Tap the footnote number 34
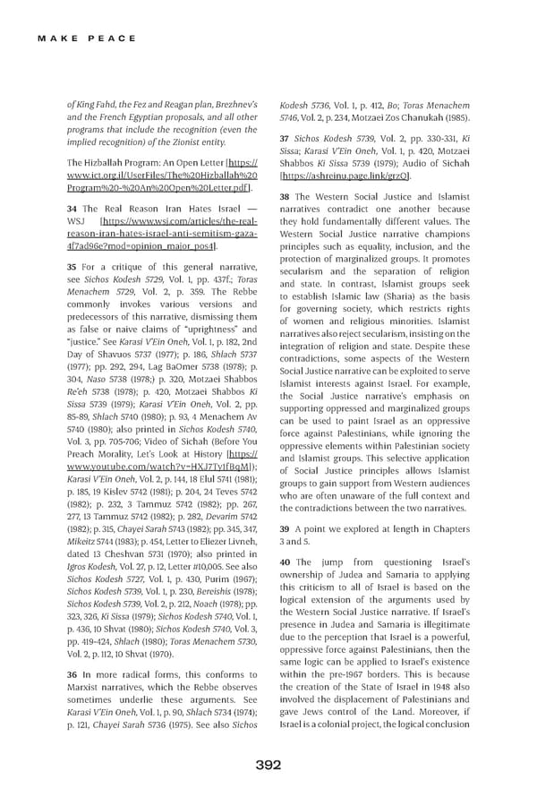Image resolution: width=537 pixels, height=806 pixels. pyautogui.click(x=72, y=209)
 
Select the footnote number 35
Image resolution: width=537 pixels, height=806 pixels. pyautogui.click(x=72, y=267)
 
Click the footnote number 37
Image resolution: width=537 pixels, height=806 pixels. pyautogui.click(x=285, y=139)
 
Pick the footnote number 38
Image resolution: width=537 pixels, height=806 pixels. pyautogui.click(x=285, y=197)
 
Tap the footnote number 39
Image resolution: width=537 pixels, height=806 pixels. pyautogui.click(x=285, y=529)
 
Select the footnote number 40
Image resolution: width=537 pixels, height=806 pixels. pyautogui.click(x=285, y=562)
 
